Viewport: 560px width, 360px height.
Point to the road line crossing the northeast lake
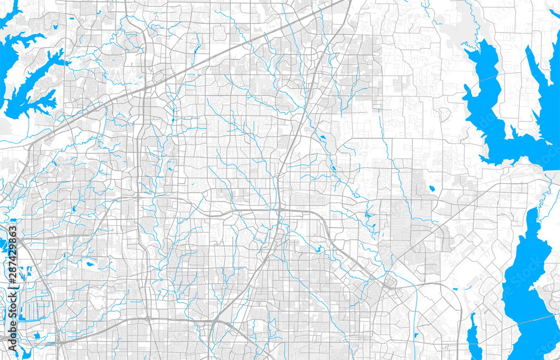(493, 78)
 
